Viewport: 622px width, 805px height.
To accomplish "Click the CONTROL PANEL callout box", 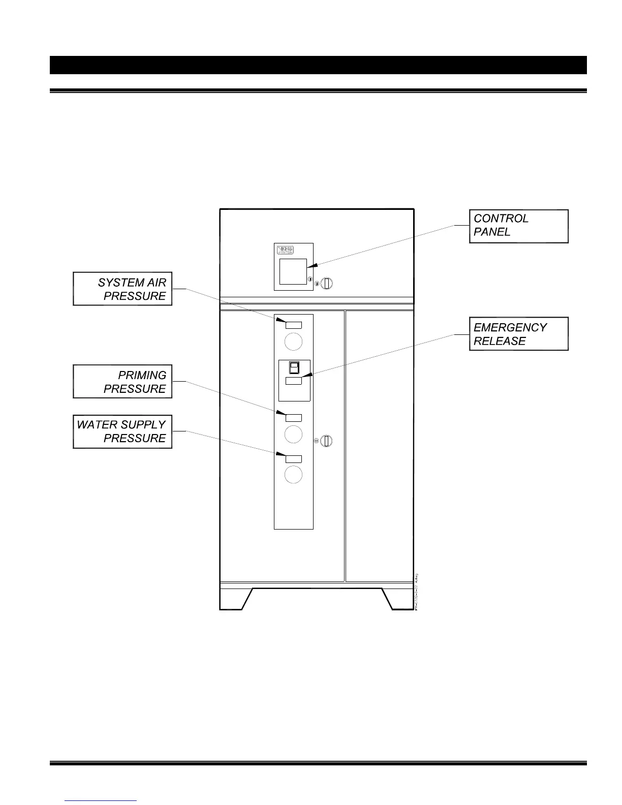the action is pos(518,226).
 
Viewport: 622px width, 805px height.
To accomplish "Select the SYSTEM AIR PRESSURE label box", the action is pos(122,289).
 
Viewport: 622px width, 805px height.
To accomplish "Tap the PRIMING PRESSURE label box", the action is pos(122,381).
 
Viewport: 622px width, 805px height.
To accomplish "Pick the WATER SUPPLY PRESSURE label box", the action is pos(122,431).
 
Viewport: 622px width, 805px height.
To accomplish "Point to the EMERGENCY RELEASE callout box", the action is pos(518,334).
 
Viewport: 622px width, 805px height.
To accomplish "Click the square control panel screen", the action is pos(293,271).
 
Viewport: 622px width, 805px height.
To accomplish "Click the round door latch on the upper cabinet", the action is pos(327,283).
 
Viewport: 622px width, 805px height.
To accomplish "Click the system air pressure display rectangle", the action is pos(294,325).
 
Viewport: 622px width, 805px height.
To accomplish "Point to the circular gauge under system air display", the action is pos(294,342).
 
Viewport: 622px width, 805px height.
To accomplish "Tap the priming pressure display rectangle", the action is pos(294,418).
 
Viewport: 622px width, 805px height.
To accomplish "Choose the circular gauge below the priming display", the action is pos(294,434).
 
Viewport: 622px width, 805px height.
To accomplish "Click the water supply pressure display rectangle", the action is pos(294,459).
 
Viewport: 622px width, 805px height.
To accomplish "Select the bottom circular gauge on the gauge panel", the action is pos(294,475).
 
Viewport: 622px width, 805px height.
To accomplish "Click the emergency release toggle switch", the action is pos(294,367).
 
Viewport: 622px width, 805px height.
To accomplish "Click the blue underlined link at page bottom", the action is pos(101,800).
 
